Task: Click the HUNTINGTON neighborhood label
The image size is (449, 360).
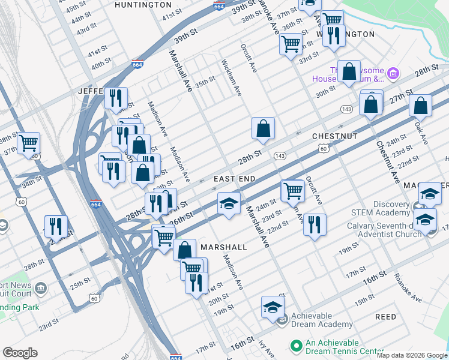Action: point(143,5)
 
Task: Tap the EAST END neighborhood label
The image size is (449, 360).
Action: point(235,179)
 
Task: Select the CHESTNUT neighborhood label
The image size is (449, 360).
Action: point(334,137)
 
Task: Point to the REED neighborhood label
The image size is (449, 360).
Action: point(385,317)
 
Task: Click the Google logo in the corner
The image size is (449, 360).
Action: point(20,353)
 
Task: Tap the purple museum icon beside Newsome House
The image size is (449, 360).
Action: point(393,74)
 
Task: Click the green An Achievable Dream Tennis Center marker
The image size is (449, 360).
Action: point(295,346)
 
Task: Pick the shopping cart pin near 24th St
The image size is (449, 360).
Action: point(292,191)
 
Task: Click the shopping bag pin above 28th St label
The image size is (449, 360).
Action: point(263,128)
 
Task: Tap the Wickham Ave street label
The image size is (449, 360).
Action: point(231,77)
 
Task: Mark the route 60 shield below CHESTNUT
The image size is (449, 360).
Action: point(323,148)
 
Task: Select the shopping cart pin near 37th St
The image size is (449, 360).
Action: point(28,143)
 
